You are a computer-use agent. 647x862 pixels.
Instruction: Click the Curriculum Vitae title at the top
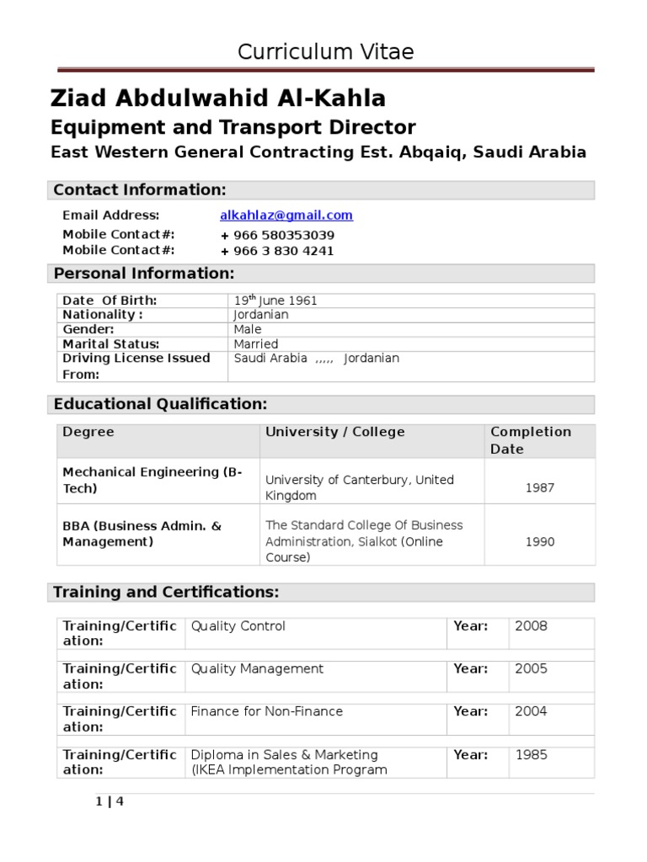325,52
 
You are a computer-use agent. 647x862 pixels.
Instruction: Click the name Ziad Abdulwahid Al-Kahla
218,99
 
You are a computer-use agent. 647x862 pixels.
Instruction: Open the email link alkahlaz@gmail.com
286,215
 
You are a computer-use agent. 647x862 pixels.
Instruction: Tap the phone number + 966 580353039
277,235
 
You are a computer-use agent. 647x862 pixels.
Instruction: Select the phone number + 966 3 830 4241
277,251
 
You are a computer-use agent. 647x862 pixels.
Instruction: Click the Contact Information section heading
140,190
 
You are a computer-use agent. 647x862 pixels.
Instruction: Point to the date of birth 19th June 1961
275,301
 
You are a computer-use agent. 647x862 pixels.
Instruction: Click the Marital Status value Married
256,344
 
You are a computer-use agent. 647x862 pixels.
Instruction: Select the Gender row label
88,329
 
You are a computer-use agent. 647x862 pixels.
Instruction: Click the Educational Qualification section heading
160,404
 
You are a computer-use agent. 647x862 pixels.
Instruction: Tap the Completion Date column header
531,440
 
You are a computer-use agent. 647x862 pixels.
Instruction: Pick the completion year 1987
540,487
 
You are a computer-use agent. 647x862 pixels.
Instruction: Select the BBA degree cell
142,534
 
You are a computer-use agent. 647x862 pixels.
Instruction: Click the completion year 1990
540,541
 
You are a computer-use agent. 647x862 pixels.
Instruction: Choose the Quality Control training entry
238,626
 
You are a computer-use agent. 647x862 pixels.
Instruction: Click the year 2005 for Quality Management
531,669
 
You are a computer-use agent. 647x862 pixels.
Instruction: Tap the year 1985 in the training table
531,755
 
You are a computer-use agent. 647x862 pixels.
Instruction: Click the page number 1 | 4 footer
110,801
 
